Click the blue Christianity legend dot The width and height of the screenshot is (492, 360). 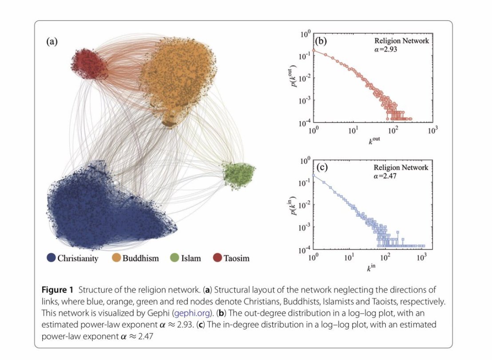[x=51, y=257]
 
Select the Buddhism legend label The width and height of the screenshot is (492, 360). [x=140, y=258]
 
